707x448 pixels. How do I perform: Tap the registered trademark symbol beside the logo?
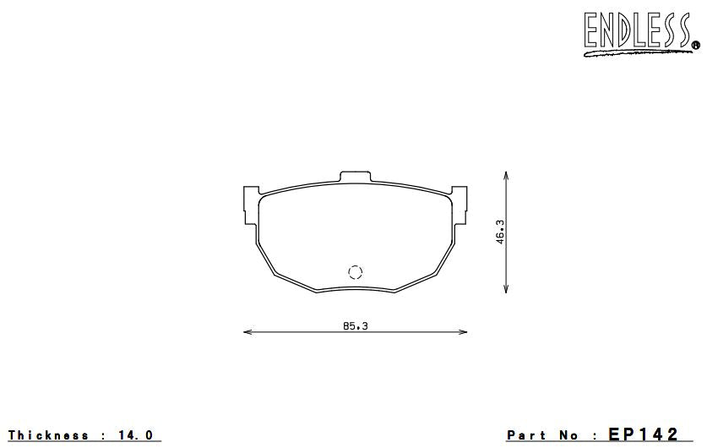click(696, 45)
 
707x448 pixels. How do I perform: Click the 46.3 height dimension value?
click(500, 232)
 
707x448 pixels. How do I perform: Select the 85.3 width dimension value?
click(356, 325)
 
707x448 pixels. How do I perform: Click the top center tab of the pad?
click(355, 177)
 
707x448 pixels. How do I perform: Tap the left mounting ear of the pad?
click(251, 205)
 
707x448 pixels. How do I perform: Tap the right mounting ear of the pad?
click(459, 205)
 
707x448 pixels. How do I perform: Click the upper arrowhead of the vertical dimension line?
click(506, 175)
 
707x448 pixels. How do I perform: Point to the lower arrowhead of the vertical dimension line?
click(506, 289)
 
